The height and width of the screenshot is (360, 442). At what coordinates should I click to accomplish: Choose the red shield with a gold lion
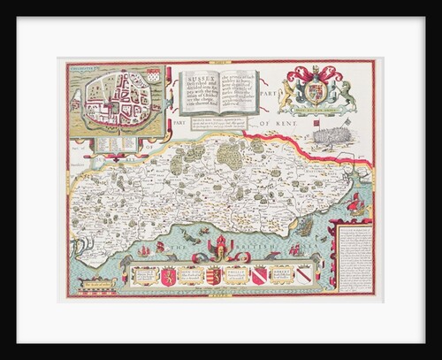(164, 276)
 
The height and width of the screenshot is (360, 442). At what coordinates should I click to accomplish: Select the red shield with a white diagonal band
(257, 275)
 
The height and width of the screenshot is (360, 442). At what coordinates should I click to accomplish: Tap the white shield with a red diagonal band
(303, 275)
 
